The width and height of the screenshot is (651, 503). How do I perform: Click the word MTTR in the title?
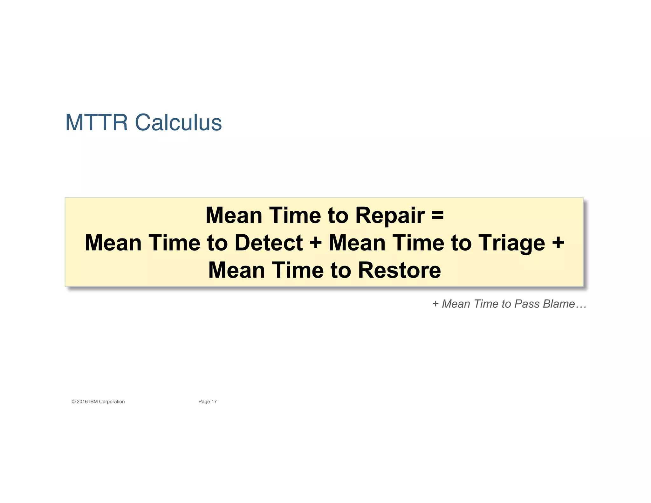[x=96, y=122]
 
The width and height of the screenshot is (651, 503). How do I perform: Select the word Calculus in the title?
[x=178, y=122]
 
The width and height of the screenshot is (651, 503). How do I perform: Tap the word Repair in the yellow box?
[x=390, y=216]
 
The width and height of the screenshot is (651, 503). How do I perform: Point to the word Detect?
[x=269, y=243]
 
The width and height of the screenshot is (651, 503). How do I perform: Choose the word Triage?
[x=512, y=243]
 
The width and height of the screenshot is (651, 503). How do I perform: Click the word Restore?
[x=400, y=270]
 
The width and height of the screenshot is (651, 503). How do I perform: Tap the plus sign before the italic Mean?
[x=435, y=304]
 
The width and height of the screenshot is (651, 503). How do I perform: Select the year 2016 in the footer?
[x=82, y=402]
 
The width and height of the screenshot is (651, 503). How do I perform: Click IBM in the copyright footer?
[x=93, y=402]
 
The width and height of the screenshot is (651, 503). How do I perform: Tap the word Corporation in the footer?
[x=112, y=402]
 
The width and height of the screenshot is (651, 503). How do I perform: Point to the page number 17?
[x=214, y=402]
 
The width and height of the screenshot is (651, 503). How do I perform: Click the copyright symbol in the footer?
[x=73, y=402]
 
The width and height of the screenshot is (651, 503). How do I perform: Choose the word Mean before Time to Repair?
[x=234, y=216]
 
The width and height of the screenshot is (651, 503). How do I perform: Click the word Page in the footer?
[x=204, y=402]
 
